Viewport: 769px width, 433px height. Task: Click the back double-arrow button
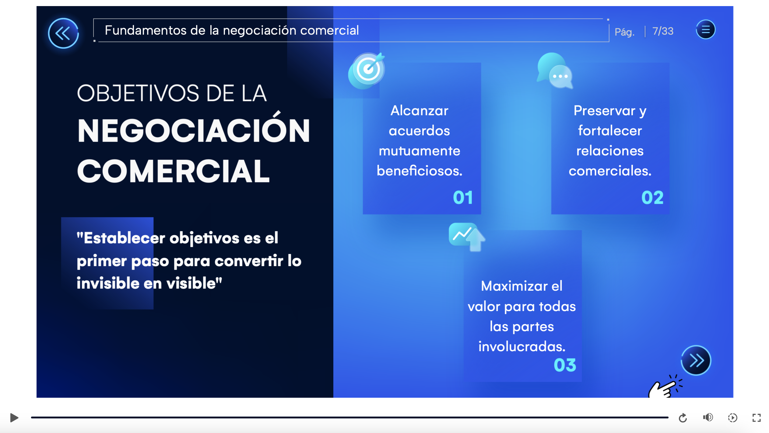pyautogui.click(x=63, y=33)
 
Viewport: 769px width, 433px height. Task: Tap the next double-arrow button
pyautogui.click(x=696, y=361)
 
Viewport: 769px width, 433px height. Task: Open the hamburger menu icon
pyautogui.click(x=706, y=29)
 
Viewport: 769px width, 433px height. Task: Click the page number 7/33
pyautogui.click(x=663, y=31)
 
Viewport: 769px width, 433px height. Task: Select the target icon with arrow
pyautogui.click(x=367, y=70)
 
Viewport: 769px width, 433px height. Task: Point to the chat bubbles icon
pyautogui.click(x=555, y=71)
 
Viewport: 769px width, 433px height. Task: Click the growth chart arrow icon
pyautogui.click(x=467, y=237)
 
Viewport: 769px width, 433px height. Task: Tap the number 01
pyautogui.click(x=463, y=198)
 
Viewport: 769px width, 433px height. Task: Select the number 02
pyautogui.click(x=652, y=198)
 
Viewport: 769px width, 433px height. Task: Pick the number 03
pyautogui.click(x=565, y=365)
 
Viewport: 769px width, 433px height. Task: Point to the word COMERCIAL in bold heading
pyautogui.click(x=173, y=171)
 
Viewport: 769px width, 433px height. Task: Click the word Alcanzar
pyautogui.click(x=419, y=111)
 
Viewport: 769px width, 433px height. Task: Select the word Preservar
pyautogui.click(x=604, y=111)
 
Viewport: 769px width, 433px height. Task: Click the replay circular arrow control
pyautogui.click(x=683, y=418)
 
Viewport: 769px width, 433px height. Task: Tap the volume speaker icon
pyautogui.click(x=708, y=417)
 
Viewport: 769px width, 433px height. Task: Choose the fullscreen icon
pyautogui.click(x=757, y=418)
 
